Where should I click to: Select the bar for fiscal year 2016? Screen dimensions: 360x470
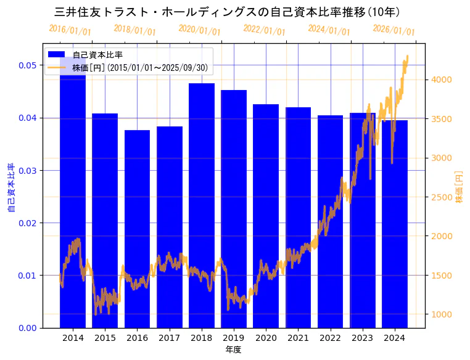[137, 229]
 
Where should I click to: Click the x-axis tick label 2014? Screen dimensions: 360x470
[73, 338]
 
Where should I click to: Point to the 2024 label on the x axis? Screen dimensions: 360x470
[394, 338]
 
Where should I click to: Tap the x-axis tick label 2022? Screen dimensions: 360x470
[330, 338]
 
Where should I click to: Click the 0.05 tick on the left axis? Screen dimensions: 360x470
[27, 65]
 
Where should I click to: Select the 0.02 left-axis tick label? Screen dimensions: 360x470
[27, 223]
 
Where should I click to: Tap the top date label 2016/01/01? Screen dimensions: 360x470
[70, 30]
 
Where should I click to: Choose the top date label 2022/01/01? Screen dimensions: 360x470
[265, 30]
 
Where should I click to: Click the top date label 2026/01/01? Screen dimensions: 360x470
[394, 30]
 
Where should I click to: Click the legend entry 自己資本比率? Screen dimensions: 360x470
[97, 55]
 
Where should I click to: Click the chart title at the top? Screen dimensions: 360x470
[227, 12]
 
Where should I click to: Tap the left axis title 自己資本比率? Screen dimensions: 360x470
[11, 188]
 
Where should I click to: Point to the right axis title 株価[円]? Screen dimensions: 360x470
[459, 188]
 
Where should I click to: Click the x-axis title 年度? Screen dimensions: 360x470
[233, 350]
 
